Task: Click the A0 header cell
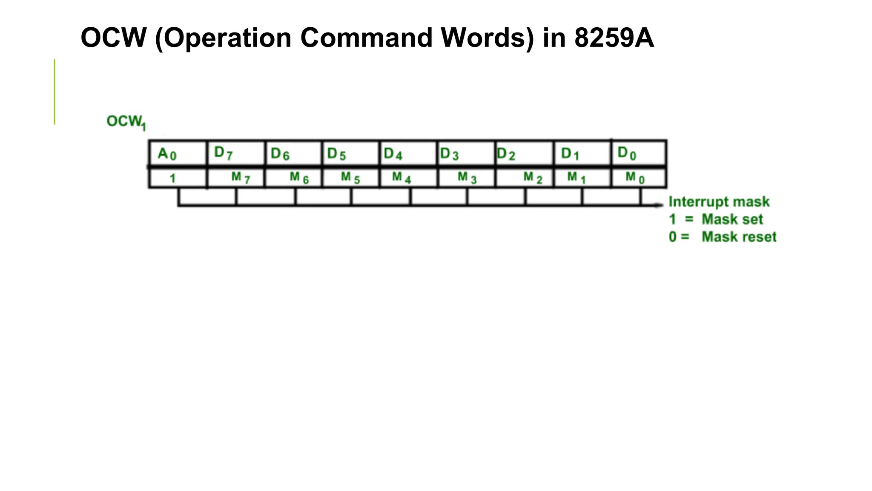click(178, 153)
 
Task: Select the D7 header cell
click(235, 153)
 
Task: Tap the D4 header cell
click(408, 153)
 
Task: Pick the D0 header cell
click(639, 153)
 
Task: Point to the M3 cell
click(466, 178)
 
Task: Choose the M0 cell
click(639, 178)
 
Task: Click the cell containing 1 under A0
click(178, 178)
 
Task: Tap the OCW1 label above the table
click(126, 122)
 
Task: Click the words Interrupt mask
click(719, 202)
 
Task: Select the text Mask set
click(732, 219)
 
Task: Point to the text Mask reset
click(739, 237)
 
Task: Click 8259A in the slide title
click(614, 38)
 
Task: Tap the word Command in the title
click(366, 38)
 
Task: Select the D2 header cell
click(524, 153)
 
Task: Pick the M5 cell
click(350, 178)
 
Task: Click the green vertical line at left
click(54, 92)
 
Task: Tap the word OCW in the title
click(113, 38)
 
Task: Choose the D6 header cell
click(293, 153)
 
